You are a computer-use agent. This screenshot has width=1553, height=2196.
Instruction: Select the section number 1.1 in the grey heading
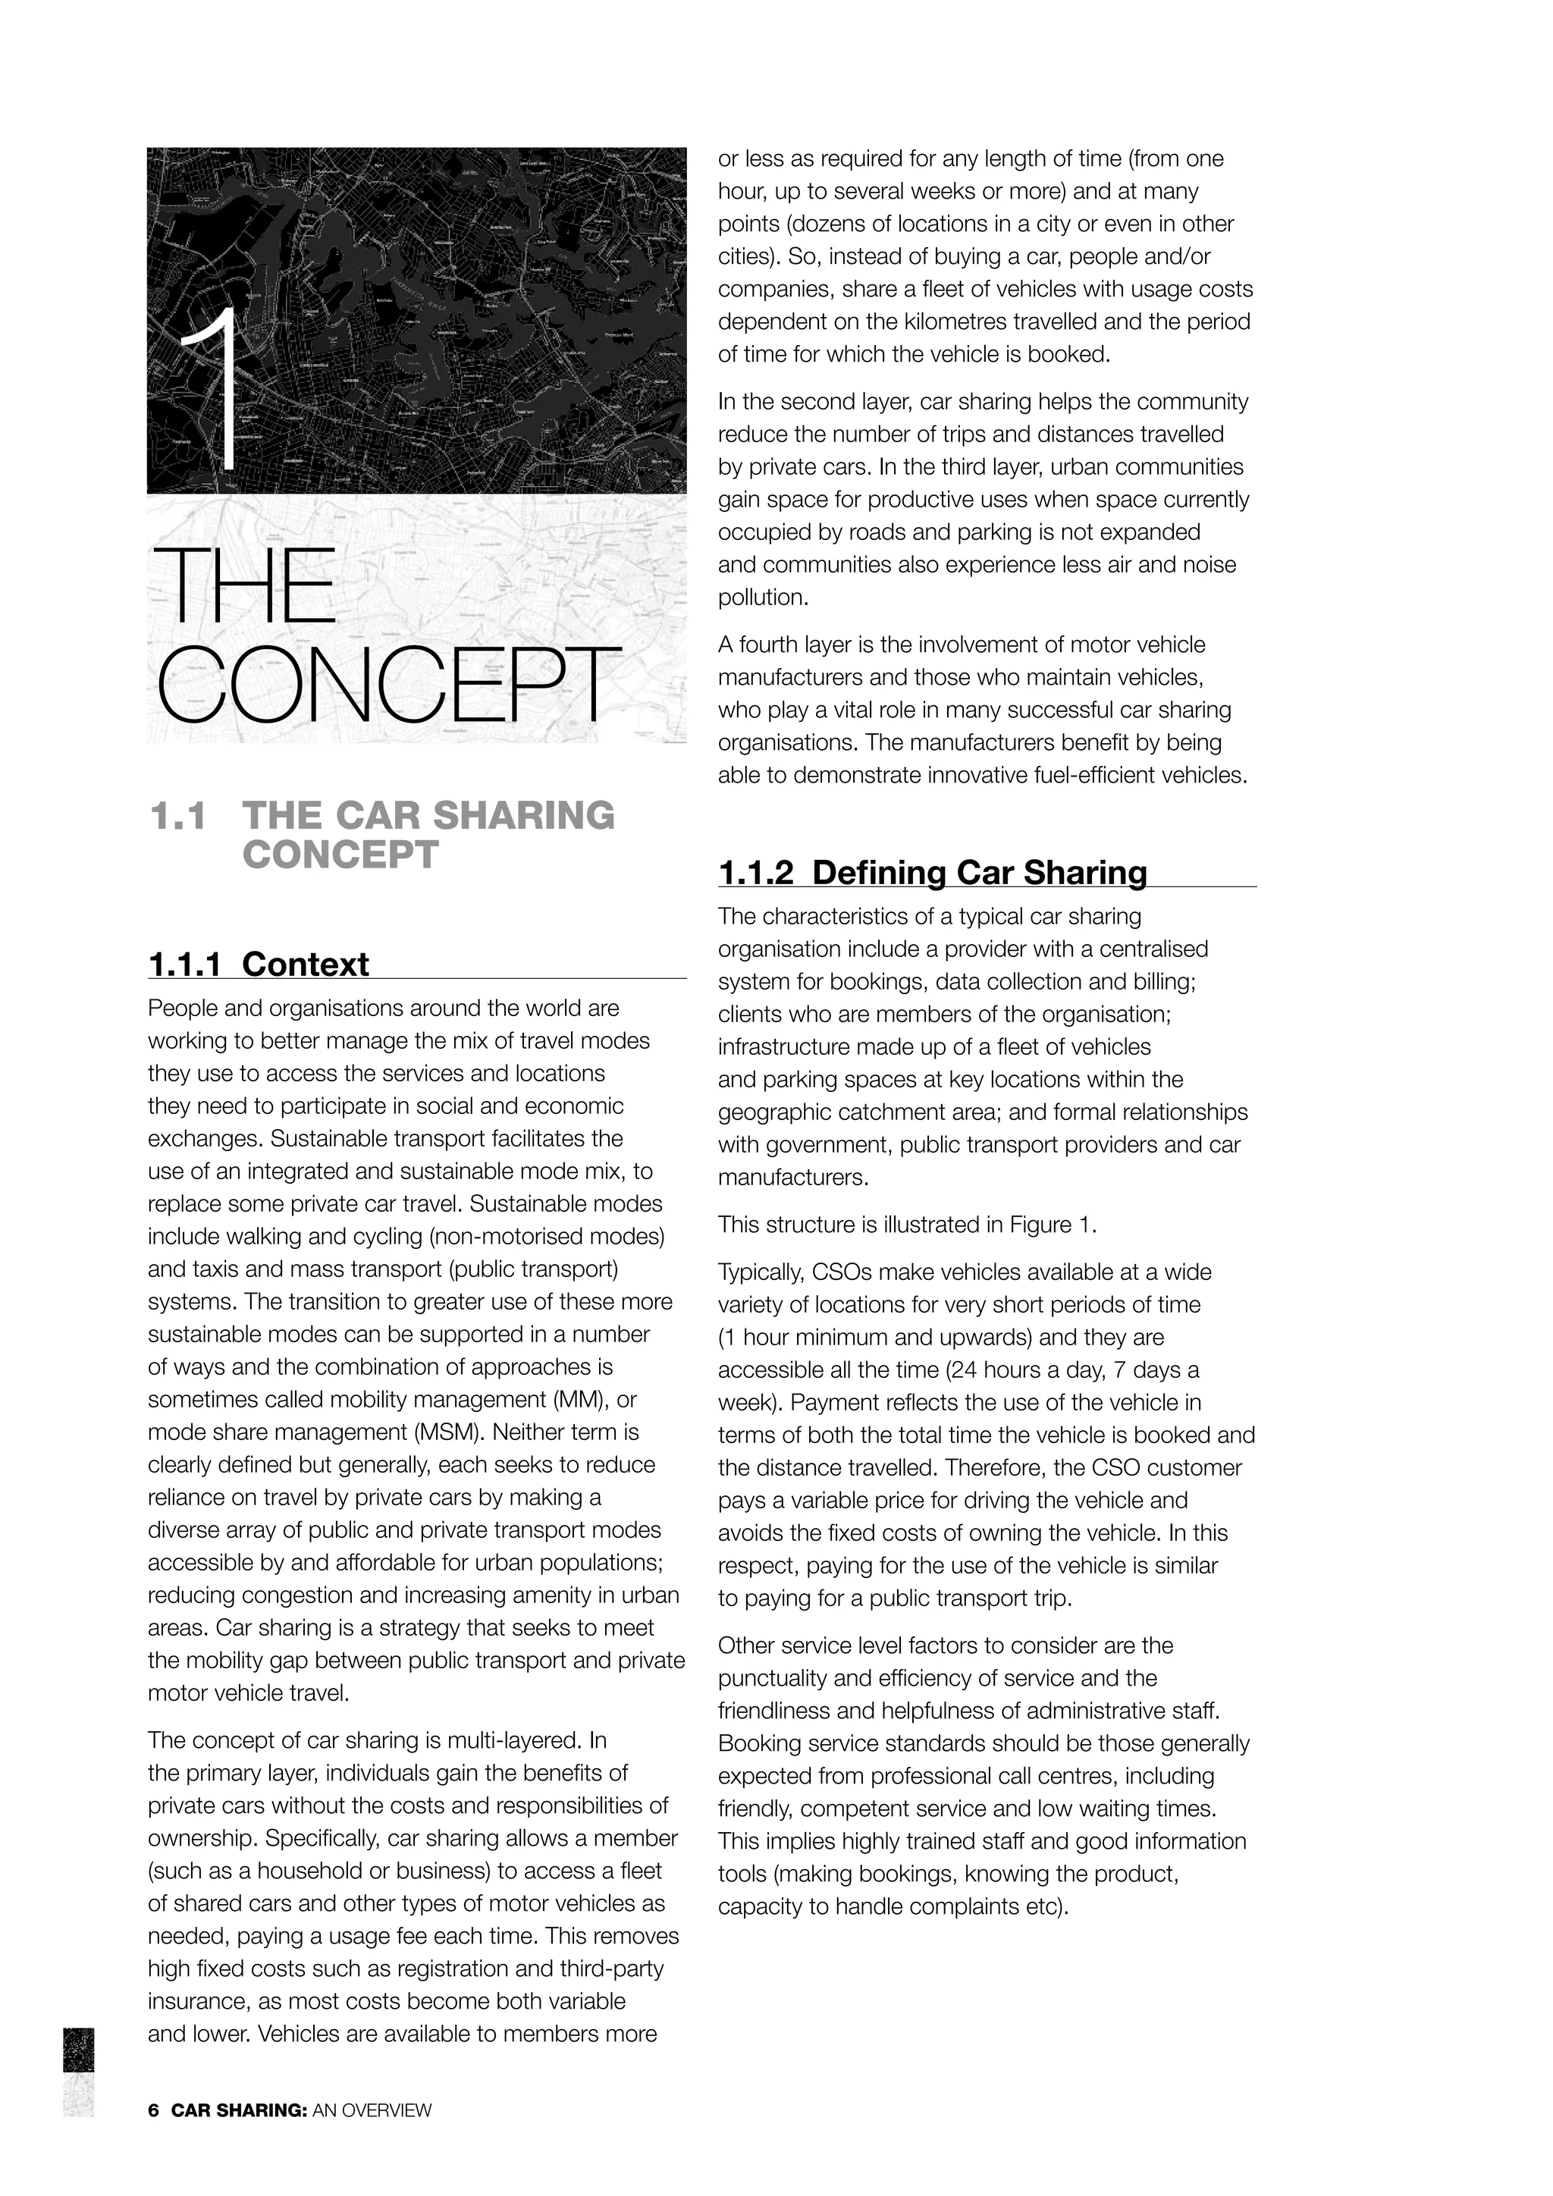click(x=178, y=816)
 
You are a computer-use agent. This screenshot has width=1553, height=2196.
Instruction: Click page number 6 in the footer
click(x=153, y=2110)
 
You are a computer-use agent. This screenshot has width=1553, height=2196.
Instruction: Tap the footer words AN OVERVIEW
click(x=372, y=2110)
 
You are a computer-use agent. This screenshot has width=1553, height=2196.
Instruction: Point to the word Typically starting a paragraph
click(x=761, y=1272)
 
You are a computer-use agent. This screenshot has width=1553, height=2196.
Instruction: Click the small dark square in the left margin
click(x=78, y=2050)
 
